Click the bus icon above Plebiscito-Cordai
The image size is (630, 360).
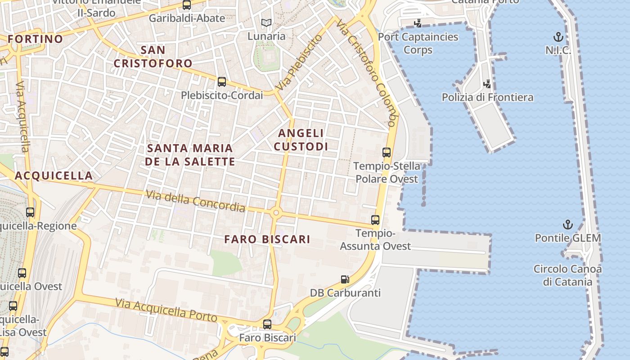pyautogui.click(x=221, y=82)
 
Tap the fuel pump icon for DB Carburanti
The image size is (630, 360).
pyautogui.click(x=345, y=279)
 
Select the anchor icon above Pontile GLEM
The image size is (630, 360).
pyautogui.click(x=568, y=224)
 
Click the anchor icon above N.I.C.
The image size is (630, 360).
pyautogui.click(x=558, y=37)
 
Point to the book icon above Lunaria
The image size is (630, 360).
pyautogui.click(x=266, y=22)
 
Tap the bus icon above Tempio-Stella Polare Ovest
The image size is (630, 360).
pyautogui.click(x=386, y=153)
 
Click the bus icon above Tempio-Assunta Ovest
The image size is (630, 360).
pyautogui.click(x=375, y=220)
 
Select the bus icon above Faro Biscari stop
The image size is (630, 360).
pyautogui.click(x=267, y=324)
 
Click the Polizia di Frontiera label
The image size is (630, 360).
pyautogui.click(x=487, y=97)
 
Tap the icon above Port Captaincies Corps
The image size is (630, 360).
pyautogui.click(x=418, y=23)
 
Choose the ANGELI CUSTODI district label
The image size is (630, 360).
pyautogui.click(x=301, y=139)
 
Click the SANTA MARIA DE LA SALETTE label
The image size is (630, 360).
pyautogui.click(x=190, y=154)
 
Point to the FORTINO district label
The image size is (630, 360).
pyautogui.click(x=35, y=39)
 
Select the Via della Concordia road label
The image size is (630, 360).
pyautogui.click(x=196, y=201)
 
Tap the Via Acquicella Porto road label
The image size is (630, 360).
pyautogui.click(x=166, y=310)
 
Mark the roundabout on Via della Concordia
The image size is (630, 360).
pyautogui.click(x=276, y=212)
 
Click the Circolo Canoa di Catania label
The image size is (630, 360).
pyautogui.click(x=567, y=275)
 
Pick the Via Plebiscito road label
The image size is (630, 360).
pyautogui.click(x=299, y=62)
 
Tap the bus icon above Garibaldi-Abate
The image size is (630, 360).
pyautogui.click(x=186, y=5)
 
